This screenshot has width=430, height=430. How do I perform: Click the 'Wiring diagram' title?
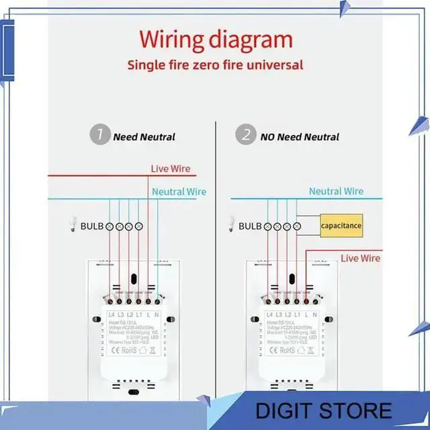click(x=216, y=40)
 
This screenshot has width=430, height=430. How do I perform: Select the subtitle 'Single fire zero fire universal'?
click(x=216, y=65)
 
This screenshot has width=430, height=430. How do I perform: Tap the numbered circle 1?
click(x=99, y=136)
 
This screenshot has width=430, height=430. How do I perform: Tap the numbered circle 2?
click(x=246, y=136)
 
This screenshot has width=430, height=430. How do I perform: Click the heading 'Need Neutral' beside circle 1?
click(x=144, y=137)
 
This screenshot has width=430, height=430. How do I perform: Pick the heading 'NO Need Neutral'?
click(x=300, y=137)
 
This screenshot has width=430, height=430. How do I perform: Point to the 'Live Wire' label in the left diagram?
click(x=170, y=169)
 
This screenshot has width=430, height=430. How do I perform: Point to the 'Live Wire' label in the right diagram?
click(x=360, y=258)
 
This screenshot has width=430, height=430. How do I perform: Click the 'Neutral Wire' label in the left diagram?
click(x=179, y=191)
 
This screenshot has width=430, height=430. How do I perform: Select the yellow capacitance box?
click(x=341, y=226)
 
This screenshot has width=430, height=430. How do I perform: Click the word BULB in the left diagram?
click(x=92, y=226)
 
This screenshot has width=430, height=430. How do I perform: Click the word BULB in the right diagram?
click(x=250, y=226)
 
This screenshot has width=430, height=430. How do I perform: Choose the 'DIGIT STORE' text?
click(x=333, y=410)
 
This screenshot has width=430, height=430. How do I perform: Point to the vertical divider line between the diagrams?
click(x=216, y=269)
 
